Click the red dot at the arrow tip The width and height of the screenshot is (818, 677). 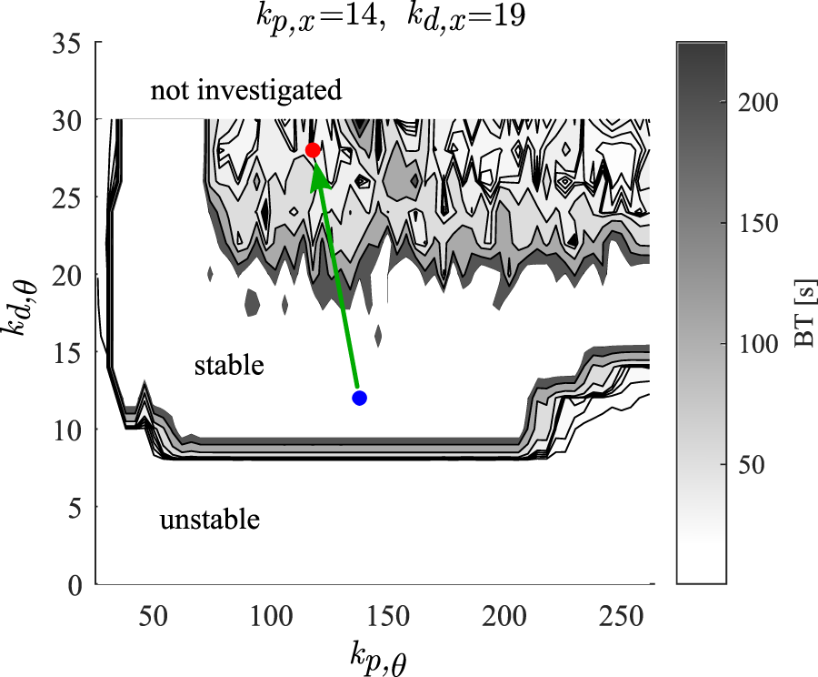(313, 150)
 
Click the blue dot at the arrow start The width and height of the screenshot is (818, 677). (359, 398)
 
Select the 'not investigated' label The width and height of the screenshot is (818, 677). (246, 91)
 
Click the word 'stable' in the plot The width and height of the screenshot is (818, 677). (229, 366)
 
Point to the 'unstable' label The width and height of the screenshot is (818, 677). (210, 520)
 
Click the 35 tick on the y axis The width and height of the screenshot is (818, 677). (67, 43)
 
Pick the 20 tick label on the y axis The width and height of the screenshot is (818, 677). (67, 275)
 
